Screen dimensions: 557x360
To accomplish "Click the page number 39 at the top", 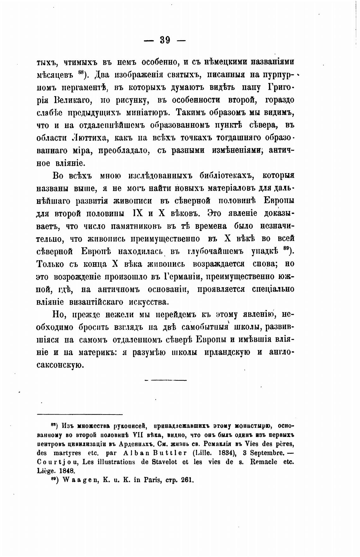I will tap(165, 40).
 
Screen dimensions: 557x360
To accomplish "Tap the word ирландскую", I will tap(224, 352).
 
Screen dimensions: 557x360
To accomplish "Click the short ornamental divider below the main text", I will tap(165, 380).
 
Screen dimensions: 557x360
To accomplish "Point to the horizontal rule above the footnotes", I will tap(80, 414).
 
